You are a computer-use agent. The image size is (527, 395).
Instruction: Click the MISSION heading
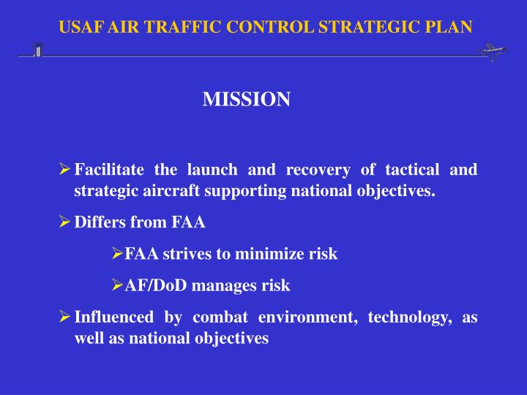pos(246,99)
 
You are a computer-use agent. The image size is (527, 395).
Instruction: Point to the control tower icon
pos(37,50)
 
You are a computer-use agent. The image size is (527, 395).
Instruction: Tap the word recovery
pos(317,170)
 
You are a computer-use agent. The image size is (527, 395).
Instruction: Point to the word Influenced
pos(113,317)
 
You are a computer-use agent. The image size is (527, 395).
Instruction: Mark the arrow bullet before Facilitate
pos(64,170)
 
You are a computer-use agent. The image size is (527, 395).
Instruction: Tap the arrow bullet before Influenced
pos(64,317)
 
